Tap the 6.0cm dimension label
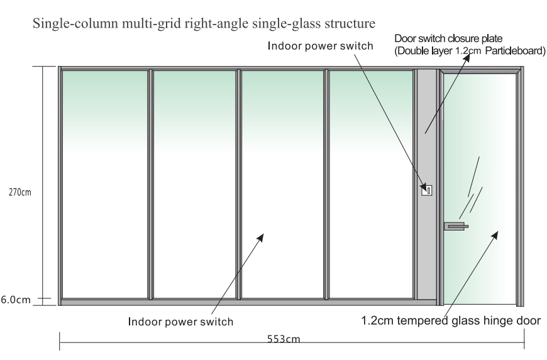click(x=13, y=300)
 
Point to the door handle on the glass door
click(x=455, y=225)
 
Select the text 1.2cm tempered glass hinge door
click(x=451, y=320)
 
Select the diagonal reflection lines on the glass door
click(x=473, y=188)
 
